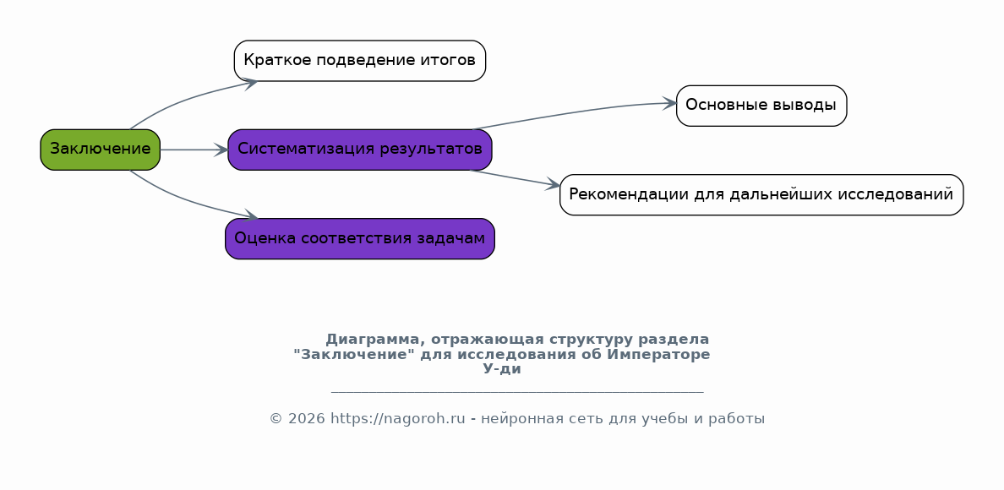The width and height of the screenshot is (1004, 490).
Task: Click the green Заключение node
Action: pos(100,150)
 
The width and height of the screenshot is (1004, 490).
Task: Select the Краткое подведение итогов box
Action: pos(360,61)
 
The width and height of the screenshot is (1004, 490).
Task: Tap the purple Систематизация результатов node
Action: pos(360,150)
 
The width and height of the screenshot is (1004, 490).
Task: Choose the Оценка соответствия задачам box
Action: pos(360,238)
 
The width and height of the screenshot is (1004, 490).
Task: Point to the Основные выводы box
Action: pos(761,106)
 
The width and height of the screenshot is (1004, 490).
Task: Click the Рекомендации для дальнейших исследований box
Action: pos(761,194)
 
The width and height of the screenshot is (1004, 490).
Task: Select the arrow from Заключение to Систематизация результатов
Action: pos(194,150)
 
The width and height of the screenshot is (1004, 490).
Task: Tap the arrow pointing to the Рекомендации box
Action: pos(516,178)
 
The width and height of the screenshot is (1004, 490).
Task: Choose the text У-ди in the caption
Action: pos(502,369)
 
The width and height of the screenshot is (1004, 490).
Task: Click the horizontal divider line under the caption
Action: pos(517,391)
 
